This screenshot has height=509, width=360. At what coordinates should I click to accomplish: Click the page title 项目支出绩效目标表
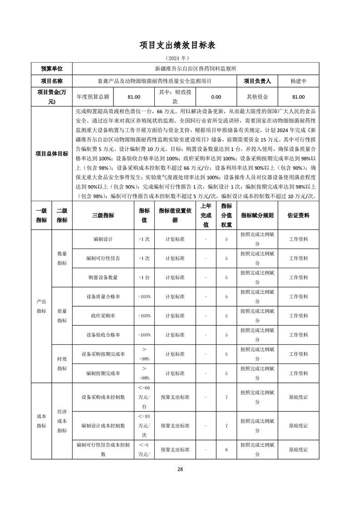click(x=180, y=45)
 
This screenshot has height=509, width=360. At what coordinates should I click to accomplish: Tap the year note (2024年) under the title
click(x=180, y=58)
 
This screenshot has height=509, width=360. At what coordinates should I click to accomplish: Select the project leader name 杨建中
click(x=298, y=81)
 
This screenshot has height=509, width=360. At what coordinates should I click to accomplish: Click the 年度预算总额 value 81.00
click(x=134, y=97)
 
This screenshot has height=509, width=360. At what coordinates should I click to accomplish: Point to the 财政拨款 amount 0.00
click(x=216, y=97)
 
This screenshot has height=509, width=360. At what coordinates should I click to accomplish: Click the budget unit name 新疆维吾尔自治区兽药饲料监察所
click(x=196, y=69)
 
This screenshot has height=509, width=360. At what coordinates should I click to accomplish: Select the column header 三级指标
click(x=103, y=216)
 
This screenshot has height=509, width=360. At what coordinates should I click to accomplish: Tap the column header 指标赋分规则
click(x=257, y=216)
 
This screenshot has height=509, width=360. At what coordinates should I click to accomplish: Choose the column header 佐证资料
click(x=298, y=216)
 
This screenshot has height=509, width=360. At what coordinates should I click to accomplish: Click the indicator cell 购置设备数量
click(x=103, y=278)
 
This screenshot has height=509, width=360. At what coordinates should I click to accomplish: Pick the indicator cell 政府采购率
click(x=103, y=316)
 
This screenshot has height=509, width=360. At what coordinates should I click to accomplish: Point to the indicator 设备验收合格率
click(x=103, y=335)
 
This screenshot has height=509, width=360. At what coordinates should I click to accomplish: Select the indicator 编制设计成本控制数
click(x=103, y=426)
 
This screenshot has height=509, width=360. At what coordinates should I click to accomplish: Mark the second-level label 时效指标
click(x=62, y=363)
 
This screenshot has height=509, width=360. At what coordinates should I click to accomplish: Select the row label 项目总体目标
click(x=52, y=154)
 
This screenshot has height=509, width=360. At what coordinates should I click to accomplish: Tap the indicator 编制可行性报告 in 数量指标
click(x=103, y=259)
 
